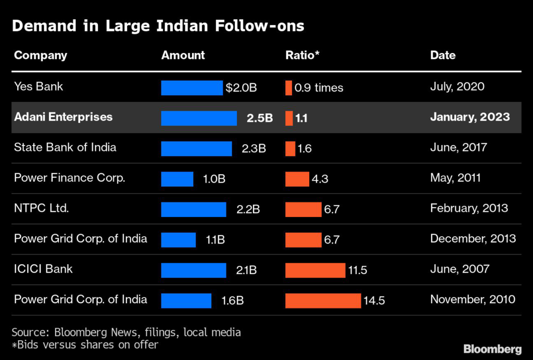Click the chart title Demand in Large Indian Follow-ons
(158, 26)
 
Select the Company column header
(41, 55)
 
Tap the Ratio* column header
(302, 55)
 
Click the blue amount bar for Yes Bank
(192, 87)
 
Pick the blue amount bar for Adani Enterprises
(198, 118)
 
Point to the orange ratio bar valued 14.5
(323, 301)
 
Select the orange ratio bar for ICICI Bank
(315, 270)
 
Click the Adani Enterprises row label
(63, 117)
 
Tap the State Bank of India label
(65, 147)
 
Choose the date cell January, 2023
(469, 117)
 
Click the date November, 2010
(473, 299)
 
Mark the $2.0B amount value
(241, 87)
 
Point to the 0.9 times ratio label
(319, 87)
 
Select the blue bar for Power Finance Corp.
(177, 179)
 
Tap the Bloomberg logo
(492, 348)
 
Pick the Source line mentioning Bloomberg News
(126, 332)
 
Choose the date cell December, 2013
(473, 238)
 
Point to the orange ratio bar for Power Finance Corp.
(297, 179)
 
